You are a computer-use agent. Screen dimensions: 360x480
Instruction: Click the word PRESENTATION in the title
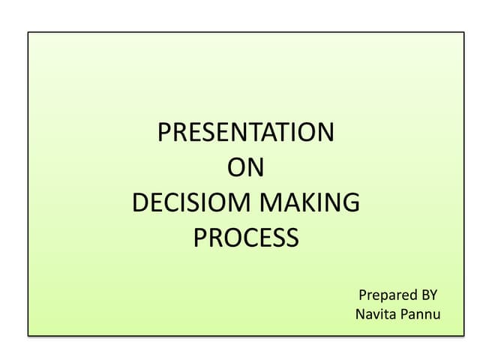[246, 133]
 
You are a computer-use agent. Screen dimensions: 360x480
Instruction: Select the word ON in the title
[246, 168]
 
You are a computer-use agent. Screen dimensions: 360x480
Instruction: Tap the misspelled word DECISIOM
[192, 202]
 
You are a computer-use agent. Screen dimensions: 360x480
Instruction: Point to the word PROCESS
[246, 238]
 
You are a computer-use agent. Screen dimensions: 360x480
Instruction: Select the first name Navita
[376, 313]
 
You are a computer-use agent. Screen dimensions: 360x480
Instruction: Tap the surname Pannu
[421, 313]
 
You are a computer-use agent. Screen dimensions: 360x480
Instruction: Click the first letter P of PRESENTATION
[165, 133]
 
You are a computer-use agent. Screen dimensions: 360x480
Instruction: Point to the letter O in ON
[236, 168]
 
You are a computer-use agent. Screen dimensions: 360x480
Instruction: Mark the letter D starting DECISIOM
[139, 202]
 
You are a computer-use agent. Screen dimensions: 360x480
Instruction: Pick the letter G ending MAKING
[351, 202]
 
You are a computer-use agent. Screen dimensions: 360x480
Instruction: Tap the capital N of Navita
[361, 313]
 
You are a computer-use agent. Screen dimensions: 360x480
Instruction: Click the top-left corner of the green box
[28, 32]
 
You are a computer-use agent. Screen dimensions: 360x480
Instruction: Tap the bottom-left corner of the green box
[28, 334]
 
